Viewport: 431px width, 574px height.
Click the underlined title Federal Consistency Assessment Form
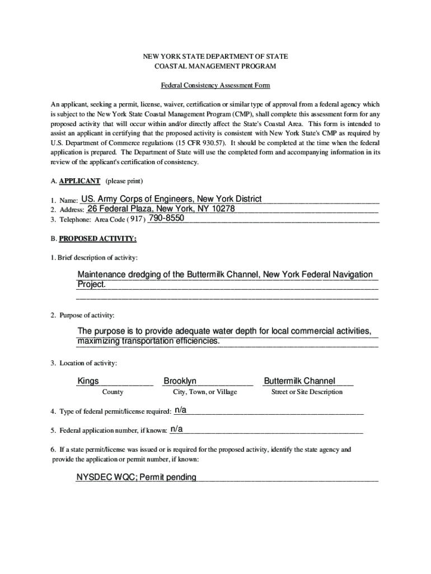[x=215, y=86]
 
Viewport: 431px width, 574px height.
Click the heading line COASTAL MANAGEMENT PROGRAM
[x=215, y=66]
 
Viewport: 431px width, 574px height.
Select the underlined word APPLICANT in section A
[x=79, y=181]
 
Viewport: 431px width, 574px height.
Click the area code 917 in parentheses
[x=136, y=219]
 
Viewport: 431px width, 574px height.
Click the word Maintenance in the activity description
[x=104, y=275]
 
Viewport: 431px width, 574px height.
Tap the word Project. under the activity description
[x=91, y=285]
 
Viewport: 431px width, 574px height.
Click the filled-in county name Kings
[x=88, y=381]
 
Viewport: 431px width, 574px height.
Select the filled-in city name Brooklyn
[x=180, y=381]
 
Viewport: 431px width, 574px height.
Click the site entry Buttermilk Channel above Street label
[x=299, y=381]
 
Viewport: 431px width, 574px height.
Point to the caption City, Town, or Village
[x=205, y=392]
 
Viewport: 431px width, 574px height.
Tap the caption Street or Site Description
[x=307, y=392]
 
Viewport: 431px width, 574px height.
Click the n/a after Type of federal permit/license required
[x=180, y=410]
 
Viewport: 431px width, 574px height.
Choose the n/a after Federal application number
[x=176, y=429]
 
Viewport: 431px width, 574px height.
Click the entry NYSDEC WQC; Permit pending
[x=137, y=478]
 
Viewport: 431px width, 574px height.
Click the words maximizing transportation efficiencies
[x=148, y=341]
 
